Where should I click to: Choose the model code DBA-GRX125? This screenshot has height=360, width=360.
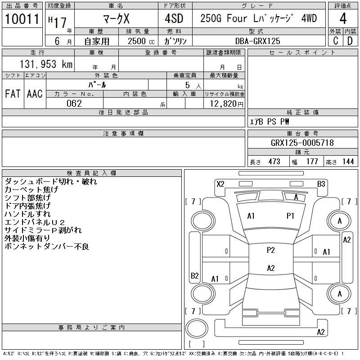point(258,41)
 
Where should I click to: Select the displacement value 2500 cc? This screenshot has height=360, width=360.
point(138,41)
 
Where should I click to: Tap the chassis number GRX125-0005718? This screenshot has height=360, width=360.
point(302,143)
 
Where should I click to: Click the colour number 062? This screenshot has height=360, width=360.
point(74,103)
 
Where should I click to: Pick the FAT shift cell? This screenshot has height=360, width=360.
point(13,94)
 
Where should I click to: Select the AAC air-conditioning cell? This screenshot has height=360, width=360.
point(34,94)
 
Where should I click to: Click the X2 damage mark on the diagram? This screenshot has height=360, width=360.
point(220,184)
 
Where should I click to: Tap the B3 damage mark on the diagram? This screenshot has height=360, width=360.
point(321,184)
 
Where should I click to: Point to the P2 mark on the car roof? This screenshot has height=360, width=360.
point(270,250)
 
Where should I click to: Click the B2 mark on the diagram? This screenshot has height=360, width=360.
point(195,275)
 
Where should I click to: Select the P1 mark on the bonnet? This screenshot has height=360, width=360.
point(290,216)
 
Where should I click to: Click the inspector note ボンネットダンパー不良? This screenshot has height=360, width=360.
point(47,246)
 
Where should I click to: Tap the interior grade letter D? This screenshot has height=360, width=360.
point(350,41)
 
